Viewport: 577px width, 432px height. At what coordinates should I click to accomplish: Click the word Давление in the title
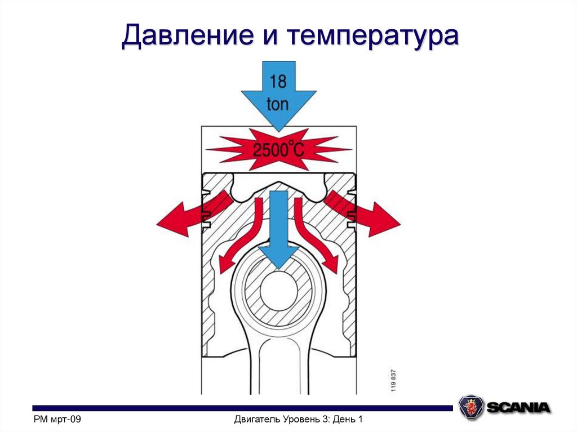(x=183, y=38)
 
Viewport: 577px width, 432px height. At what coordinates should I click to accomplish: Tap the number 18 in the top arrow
(x=277, y=81)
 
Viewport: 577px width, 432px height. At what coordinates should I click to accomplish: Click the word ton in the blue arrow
(x=277, y=104)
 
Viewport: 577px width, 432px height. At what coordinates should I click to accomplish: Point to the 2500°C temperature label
(x=278, y=150)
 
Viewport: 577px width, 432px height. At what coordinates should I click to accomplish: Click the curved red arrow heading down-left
(x=239, y=237)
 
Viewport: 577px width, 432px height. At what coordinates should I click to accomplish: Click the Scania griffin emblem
(x=471, y=407)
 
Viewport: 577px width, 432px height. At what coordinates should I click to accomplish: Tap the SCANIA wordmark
(x=518, y=407)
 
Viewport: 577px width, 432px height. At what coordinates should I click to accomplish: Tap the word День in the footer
(x=344, y=420)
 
